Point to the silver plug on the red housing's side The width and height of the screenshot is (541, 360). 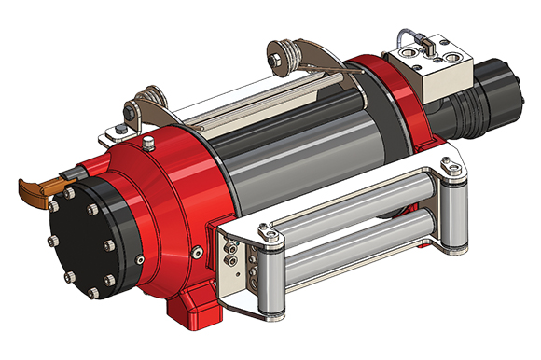pos(197,253)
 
